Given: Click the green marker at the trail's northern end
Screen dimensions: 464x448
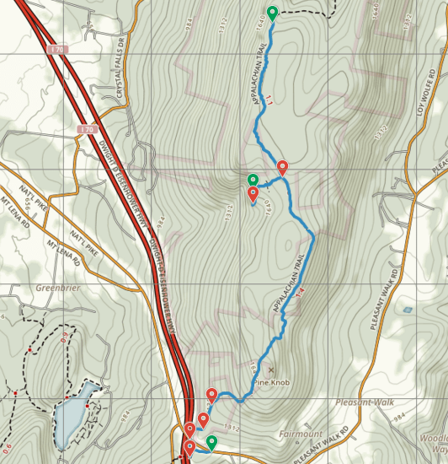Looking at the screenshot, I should coord(272,13).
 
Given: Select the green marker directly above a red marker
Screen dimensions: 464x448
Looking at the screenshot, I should coord(253,180).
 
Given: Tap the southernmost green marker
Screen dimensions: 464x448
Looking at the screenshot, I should coord(211,441).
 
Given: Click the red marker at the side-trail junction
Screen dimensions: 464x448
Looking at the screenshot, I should coord(282,167).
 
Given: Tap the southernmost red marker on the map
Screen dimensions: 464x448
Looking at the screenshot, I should coord(189,447).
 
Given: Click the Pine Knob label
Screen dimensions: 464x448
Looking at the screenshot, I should coord(272,382).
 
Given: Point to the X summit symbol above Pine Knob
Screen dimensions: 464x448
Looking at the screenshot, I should coord(271,370).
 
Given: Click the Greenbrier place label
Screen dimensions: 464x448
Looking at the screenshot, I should coord(56,286).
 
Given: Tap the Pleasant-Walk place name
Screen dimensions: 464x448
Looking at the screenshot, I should coord(365,402).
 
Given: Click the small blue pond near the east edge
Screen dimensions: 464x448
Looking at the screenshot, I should coord(408,310).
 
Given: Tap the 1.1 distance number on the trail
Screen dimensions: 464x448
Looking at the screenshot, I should coord(269,100).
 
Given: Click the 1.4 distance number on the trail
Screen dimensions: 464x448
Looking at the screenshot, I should coord(300,290).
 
